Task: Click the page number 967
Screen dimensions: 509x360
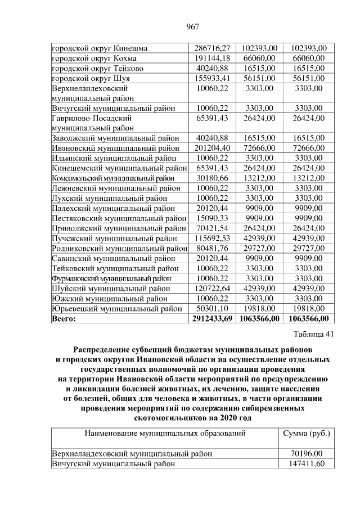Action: [x=190, y=26]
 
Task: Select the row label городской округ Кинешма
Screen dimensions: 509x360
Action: [x=99, y=49]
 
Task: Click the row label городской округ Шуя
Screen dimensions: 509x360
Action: [x=94, y=78]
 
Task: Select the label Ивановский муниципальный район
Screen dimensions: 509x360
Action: [x=115, y=148]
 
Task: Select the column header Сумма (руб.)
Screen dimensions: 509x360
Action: [x=306, y=434]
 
